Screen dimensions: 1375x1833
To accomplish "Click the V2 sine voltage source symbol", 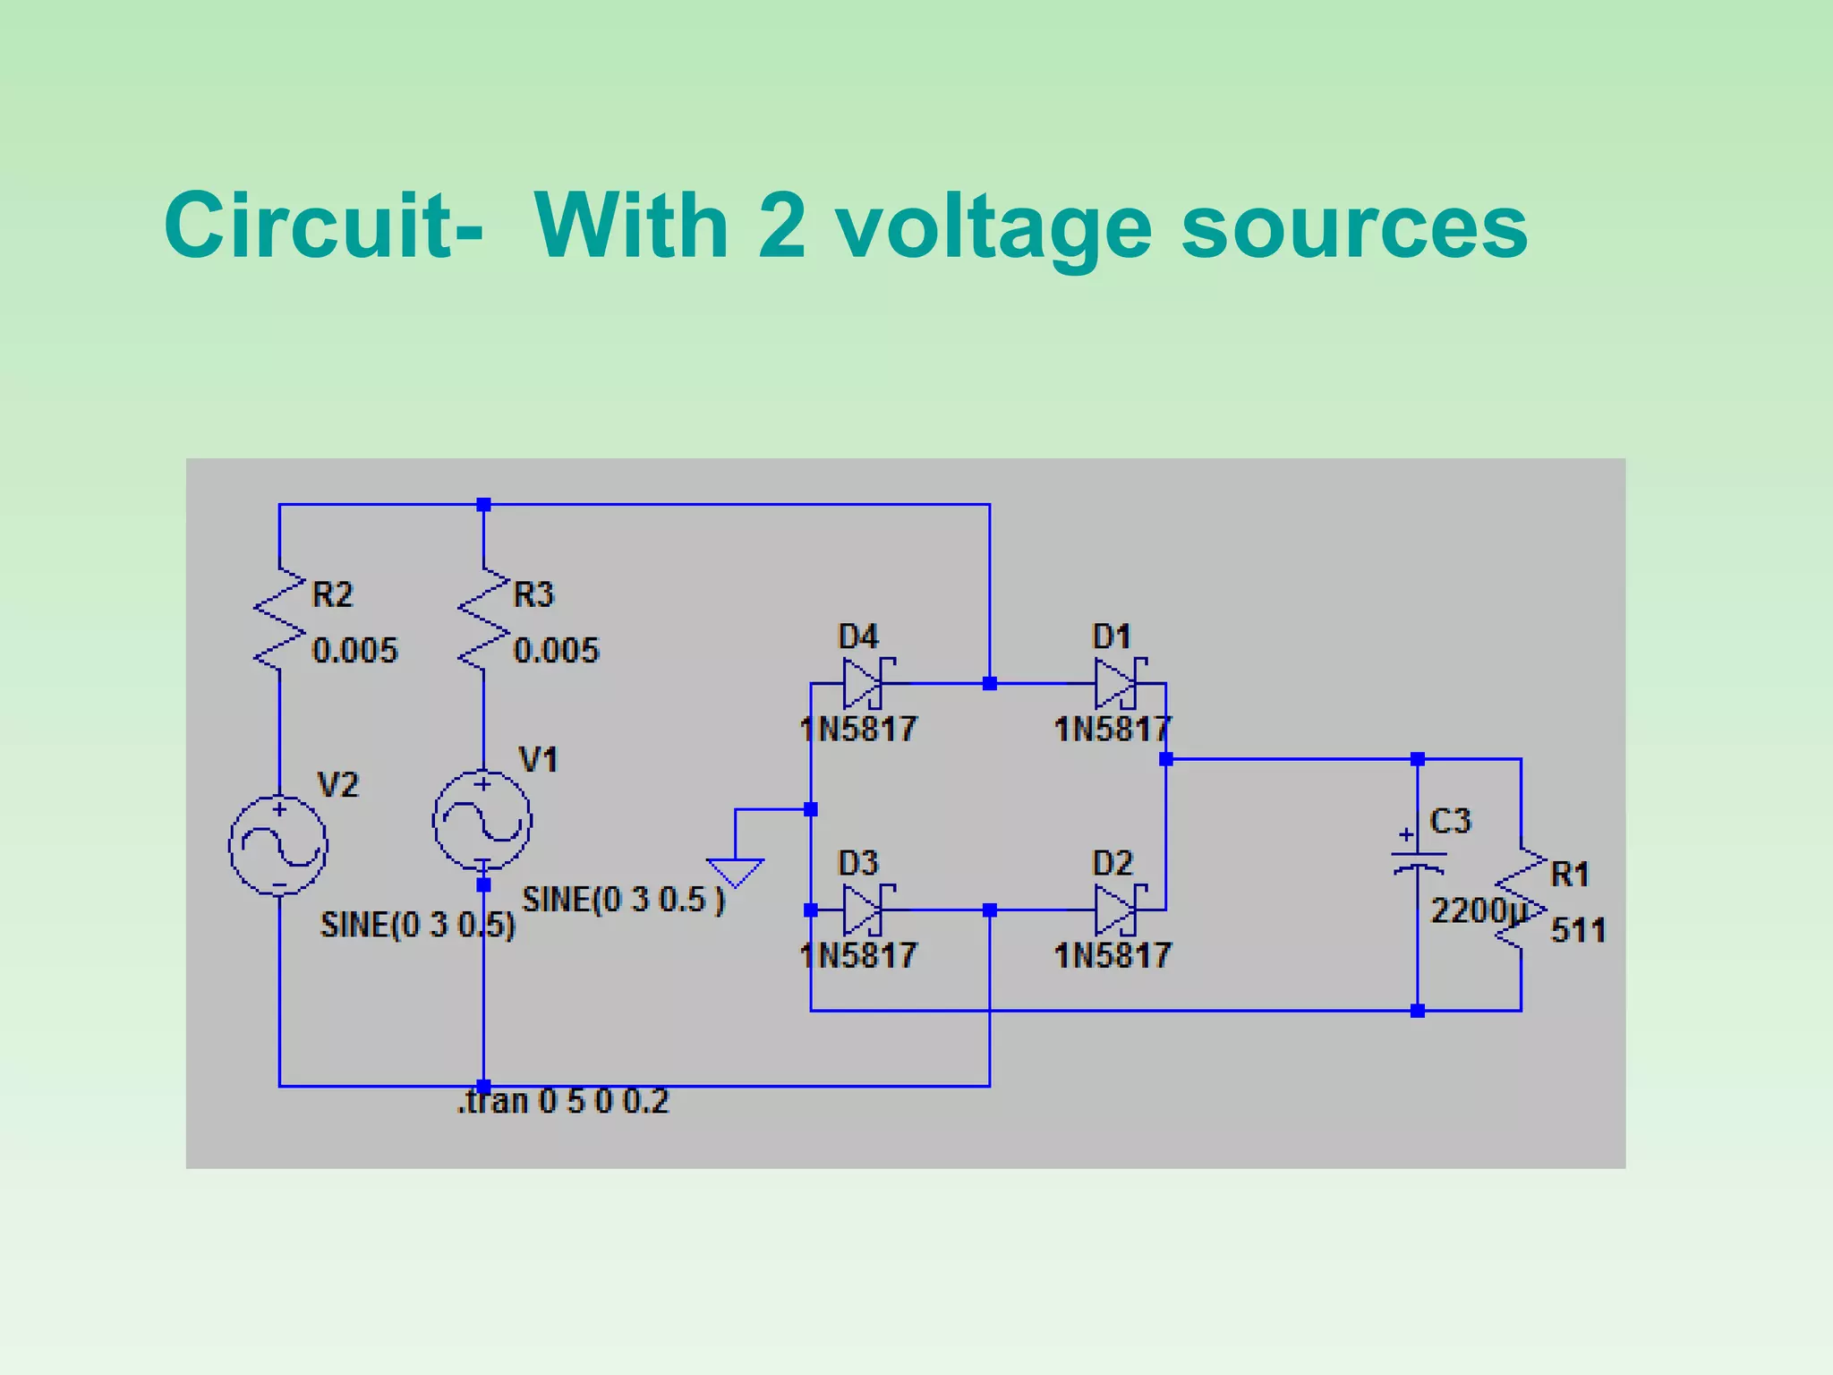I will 278,844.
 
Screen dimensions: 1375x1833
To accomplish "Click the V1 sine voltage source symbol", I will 482,820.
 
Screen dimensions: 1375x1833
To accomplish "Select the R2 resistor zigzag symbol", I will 279,619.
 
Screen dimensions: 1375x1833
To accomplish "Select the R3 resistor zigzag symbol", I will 483,619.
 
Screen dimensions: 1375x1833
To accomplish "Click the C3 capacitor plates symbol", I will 1418,861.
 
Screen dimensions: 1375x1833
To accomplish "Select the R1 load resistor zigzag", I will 1521,899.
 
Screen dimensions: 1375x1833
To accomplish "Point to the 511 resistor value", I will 1578,930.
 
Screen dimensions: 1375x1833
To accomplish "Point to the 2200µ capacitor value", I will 1477,911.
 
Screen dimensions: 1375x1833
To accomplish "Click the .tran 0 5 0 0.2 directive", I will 563,1101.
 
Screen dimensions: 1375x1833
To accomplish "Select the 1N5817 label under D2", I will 1112,956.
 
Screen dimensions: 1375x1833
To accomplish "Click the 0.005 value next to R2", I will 354,651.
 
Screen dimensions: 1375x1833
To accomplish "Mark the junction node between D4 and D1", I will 989,684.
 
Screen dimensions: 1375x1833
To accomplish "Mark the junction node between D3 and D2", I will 989,910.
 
